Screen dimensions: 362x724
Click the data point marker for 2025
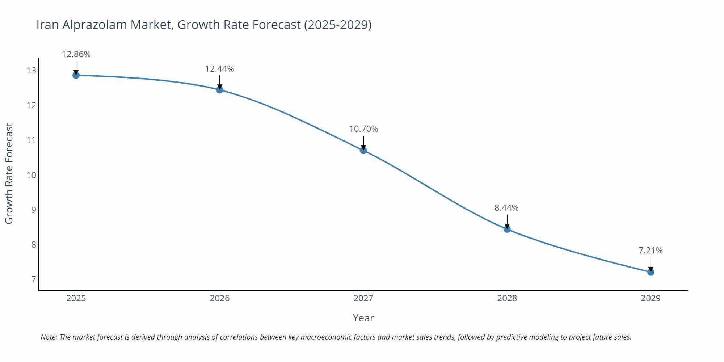(x=76, y=75)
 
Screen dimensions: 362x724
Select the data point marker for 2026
(x=220, y=90)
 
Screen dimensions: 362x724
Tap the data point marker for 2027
(x=363, y=150)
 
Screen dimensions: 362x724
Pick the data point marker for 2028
(x=507, y=229)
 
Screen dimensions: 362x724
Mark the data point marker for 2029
(x=651, y=272)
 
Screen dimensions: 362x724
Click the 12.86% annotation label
(x=76, y=54)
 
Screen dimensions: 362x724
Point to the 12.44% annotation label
(x=219, y=69)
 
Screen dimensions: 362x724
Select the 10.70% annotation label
(x=363, y=129)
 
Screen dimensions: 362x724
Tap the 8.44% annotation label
(x=506, y=208)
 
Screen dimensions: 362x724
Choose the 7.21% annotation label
(x=651, y=251)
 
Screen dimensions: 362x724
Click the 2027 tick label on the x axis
(x=363, y=298)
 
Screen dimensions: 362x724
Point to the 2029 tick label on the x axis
(x=651, y=298)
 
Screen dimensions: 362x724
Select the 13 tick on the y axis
(x=31, y=71)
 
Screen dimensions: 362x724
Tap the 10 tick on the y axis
(x=31, y=175)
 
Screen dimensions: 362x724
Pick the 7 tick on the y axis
(x=34, y=279)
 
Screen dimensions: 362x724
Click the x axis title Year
(x=363, y=318)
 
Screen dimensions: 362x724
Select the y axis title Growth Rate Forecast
(x=9, y=173)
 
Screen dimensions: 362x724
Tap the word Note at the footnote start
(x=49, y=337)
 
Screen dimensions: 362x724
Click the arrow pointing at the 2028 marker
(x=507, y=222)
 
